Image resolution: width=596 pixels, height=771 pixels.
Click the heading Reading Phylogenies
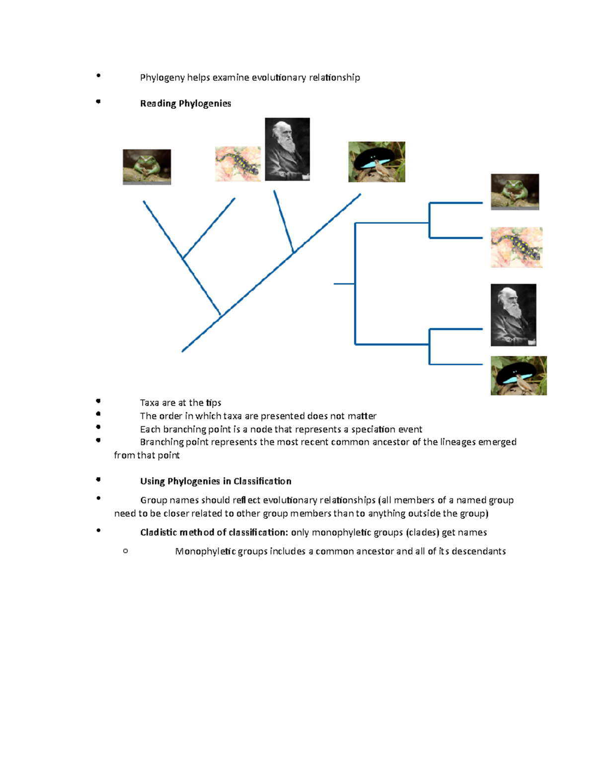[185, 103]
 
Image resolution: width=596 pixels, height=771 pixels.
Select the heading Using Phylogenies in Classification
[216, 481]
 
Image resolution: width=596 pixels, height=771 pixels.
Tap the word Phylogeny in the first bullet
[162, 77]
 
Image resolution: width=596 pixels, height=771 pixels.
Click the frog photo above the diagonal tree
[147, 167]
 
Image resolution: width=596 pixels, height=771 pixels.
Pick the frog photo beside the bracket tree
[515, 192]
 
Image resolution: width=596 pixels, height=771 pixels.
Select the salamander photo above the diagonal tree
[237, 164]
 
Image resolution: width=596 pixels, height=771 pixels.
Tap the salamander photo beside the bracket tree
[516, 247]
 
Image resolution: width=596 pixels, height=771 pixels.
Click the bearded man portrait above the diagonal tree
[287, 149]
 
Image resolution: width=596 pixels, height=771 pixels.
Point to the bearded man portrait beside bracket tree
[513, 315]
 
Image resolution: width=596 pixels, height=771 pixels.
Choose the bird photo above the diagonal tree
[376, 162]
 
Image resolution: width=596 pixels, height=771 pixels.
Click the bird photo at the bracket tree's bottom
[519, 375]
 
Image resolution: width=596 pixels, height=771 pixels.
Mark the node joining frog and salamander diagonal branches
[183, 259]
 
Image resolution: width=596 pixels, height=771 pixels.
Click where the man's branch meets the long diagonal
[293, 252]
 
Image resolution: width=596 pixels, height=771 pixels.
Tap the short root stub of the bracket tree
[344, 283]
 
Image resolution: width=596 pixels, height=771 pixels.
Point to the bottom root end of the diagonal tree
[183, 351]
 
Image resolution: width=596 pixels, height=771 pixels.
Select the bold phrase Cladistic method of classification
[214, 532]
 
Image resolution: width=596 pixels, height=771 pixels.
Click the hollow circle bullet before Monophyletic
[125, 551]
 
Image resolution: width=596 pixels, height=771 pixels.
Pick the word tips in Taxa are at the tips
[214, 403]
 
